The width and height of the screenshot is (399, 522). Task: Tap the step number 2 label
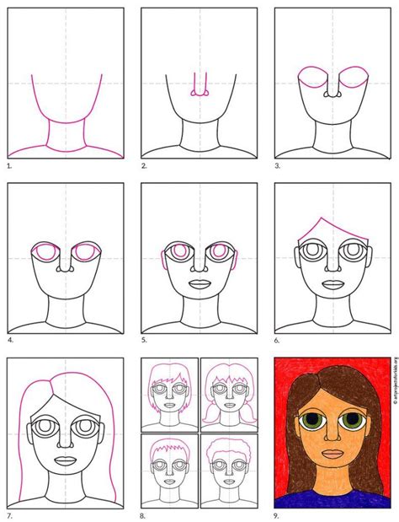pos(145,167)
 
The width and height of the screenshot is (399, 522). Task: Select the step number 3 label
pos(279,167)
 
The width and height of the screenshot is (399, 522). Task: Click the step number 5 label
pos(145,341)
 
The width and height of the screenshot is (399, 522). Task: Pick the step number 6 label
pos(279,341)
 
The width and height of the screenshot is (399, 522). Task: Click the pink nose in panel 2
pos(199,91)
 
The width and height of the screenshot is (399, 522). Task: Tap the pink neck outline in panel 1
pos(65,135)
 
